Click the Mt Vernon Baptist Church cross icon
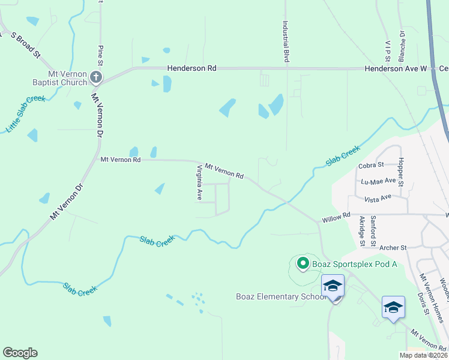click(x=97, y=77)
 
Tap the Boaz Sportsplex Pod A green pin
click(x=303, y=263)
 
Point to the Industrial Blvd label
click(x=286, y=42)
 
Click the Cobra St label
click(x=371, y=165)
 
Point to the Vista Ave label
click(x=378, y=196)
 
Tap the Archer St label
click(x=393, y=247)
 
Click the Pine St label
click(x=100, y=52)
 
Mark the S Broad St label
click(x=25, y=45)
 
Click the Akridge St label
click(x=362, y=231)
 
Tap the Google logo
click(x=20, y=353)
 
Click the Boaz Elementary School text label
click(x=280, y=296)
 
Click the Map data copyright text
click(x=423, y=355)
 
